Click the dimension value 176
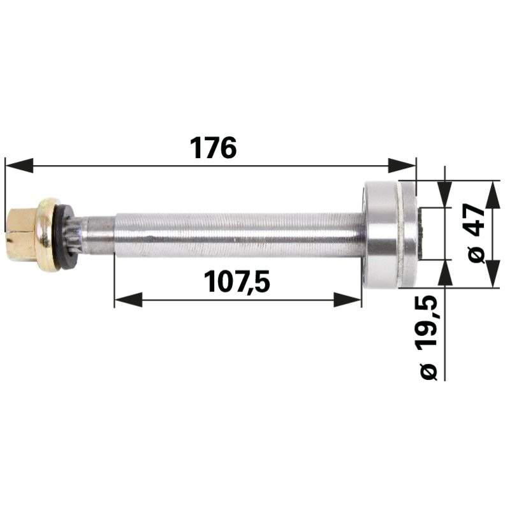[x=213, y=148]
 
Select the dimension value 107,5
[x=236, y=282]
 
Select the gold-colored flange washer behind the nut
[x=47, y=234]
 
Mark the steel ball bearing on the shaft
[x=379, y=235]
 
